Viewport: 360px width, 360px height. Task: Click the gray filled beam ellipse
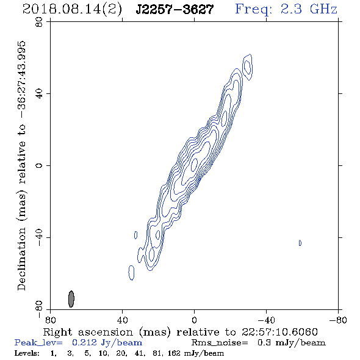[71, 299]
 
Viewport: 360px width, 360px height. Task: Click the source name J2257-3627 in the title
[175, 10]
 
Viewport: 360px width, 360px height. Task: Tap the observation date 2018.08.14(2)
[72, 10]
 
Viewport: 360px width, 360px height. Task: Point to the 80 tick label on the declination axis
[39, 22]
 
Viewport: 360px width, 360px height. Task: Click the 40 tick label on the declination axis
[39, 94]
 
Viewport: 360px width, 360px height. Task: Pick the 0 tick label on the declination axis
[39, 165]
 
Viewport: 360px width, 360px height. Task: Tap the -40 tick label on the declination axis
[39, 237]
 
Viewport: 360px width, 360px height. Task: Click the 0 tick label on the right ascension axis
[194, 320]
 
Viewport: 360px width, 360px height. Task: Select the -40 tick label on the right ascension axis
[266, 320]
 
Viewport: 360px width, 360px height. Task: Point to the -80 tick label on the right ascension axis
[338, 320]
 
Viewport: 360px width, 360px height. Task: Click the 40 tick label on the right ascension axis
[122, 320]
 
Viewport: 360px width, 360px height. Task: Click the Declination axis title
[21, 166]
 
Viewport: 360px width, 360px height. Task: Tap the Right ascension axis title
[180, 332]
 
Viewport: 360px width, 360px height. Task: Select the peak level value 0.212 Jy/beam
[107, 343]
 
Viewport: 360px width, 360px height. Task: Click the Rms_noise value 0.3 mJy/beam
[291, 343]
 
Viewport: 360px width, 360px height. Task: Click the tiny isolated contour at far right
[300, 243]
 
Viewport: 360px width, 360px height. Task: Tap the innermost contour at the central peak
[194, 165]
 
